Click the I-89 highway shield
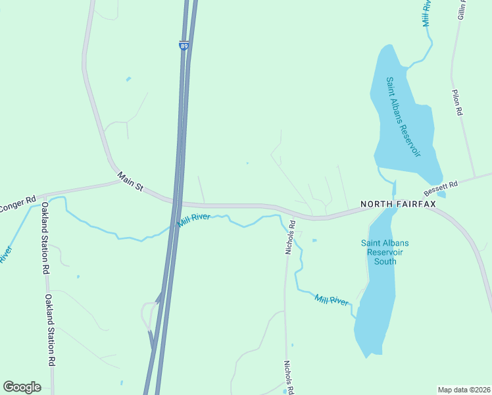coord(184,45)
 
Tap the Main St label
coord(130,182)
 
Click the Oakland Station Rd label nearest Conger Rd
coord(45,238)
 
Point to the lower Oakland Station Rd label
coord(49,329)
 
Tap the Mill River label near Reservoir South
coord(331,300)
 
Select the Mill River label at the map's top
coord(426,13)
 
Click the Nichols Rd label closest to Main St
coord(290,236)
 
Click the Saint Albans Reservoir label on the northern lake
coord(403,117)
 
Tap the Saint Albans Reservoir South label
coord(385,251)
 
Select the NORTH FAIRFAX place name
coord(397,204)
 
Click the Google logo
coord(22,387)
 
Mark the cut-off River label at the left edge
coord(6,254)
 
